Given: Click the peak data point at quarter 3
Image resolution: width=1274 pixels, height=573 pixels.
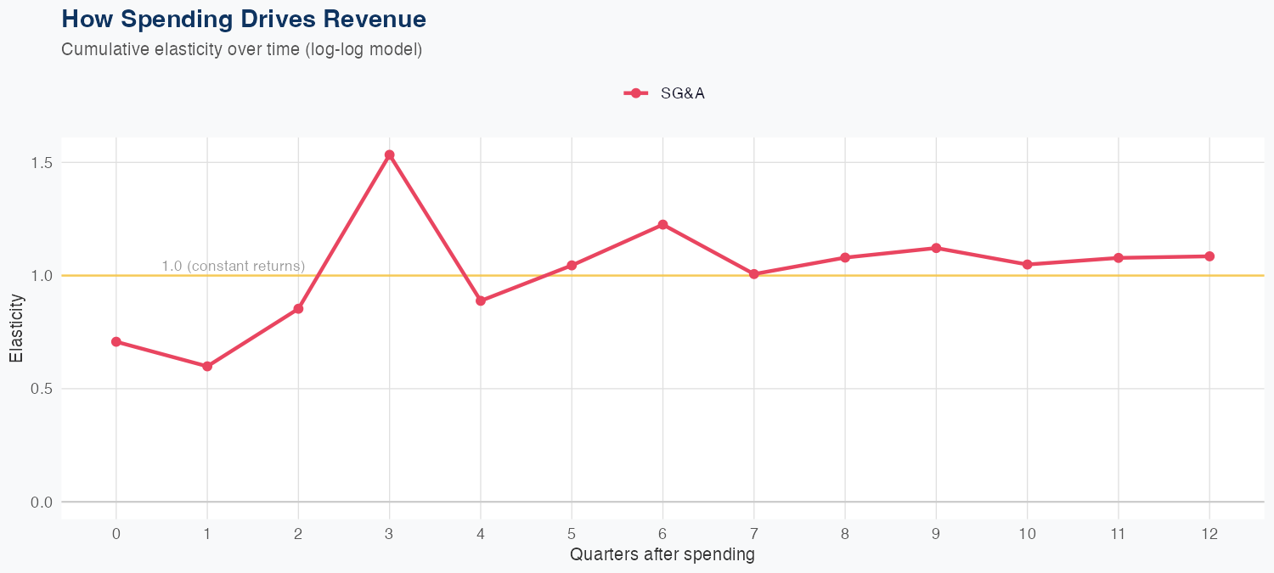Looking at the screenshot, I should (x=389, y=155).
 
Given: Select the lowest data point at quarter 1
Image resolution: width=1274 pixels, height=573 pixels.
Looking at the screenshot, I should (x=207, y=367).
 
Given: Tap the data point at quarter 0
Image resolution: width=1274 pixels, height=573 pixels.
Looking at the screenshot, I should (x=116, y=342).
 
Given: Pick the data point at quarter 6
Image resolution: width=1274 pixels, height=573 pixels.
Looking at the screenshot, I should (x=662, y=225).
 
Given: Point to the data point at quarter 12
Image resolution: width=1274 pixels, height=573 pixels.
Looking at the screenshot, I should (x=1209, y=256).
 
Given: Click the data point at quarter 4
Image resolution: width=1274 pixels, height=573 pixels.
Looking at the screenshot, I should (x=481, y=301).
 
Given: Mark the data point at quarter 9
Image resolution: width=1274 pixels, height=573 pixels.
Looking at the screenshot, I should (x=936, y=248).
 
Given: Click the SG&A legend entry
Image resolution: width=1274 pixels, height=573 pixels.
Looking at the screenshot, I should (x=665, y=93).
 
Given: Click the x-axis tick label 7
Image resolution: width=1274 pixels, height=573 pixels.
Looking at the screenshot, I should (x=753, y=534).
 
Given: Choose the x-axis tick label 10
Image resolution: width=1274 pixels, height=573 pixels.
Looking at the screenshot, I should (x=1028, y=534).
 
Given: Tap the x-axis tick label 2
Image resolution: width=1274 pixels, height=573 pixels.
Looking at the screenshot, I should (x=298, y=534).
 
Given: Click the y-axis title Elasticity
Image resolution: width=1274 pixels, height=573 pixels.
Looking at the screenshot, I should (x=17, y=328).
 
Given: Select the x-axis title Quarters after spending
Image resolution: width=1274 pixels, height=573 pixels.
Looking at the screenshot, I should (x=662, y=555).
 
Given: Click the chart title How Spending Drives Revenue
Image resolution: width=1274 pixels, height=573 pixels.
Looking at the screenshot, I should (x=244, y=19).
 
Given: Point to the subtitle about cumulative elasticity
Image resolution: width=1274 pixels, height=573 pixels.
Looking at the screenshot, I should (x=242, y=49).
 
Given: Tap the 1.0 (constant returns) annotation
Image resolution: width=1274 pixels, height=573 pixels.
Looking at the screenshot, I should (x=233, y=267).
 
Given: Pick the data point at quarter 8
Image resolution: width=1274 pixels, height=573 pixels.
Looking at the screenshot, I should (x=845, y=257).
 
